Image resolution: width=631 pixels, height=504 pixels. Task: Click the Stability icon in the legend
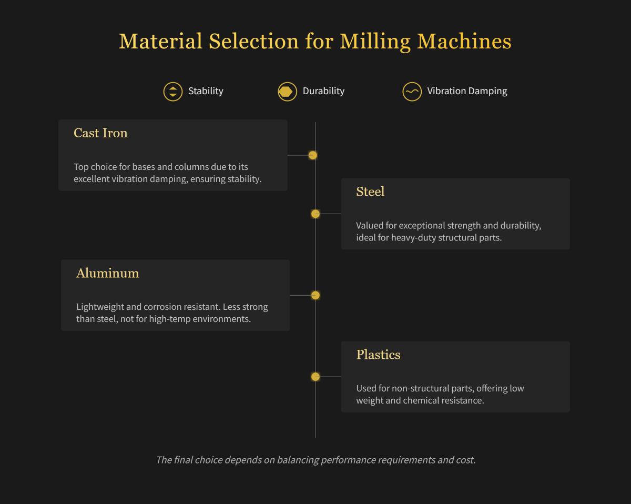(172, 92)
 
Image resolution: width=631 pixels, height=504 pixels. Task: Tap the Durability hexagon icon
(287, 92)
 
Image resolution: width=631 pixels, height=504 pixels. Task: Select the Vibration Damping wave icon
(412, 92)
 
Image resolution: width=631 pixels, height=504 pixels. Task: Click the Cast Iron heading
(100, 133)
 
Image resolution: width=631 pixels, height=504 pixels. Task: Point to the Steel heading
(370, 192)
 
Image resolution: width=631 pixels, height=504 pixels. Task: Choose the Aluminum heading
(107, 274)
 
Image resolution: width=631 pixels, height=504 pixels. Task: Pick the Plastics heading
(378, 355)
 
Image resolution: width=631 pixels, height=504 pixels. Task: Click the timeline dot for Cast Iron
(313, 155)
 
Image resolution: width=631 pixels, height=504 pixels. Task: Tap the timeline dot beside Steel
(315, 214)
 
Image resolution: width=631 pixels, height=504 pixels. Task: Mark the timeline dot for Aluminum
(315, 295)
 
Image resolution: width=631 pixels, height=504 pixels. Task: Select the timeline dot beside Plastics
(315, 377)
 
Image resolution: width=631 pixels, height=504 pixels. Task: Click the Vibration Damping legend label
(467, 91)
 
